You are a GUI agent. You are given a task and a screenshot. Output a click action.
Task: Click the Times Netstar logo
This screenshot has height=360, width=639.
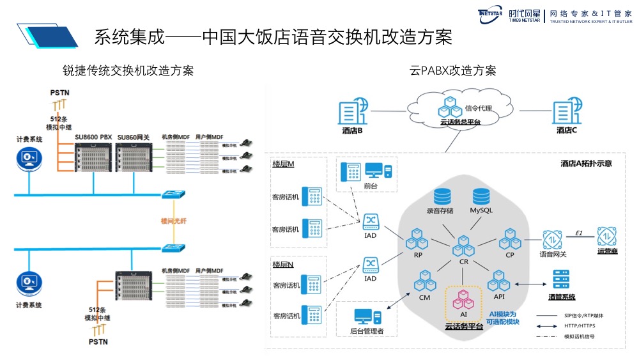pyautogui.click(x=491, y=15)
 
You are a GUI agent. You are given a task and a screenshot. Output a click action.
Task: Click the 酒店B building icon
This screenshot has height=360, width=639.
pyautogui.click(x=353, y=113)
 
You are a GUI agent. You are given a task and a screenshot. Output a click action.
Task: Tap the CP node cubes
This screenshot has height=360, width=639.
pyautogui.click(x=511, y=240)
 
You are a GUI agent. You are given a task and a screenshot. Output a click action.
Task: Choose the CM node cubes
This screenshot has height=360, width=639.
pyautogui.click(x=425, y=281)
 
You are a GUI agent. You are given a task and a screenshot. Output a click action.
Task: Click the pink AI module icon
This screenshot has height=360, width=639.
pyautogui.click(x=463, y=298)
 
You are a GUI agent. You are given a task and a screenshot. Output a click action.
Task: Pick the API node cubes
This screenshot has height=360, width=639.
pyautogui.click(x=498, y=281)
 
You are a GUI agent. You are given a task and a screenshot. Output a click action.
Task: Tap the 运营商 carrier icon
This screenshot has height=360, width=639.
pyautogui.click(x=608, y=237)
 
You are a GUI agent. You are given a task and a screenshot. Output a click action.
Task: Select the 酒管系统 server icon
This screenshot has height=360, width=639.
pyautogui.click(x=561, y=279)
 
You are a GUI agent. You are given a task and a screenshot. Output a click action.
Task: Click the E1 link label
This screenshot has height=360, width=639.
pyautogui.click(x=579, y=232)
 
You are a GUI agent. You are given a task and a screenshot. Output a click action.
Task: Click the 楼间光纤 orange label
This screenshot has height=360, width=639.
pyautogui.click(x=173, y=220)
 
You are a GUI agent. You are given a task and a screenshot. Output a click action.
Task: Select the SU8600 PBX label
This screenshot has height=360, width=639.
pyautogui.click(x=93, y=137)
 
